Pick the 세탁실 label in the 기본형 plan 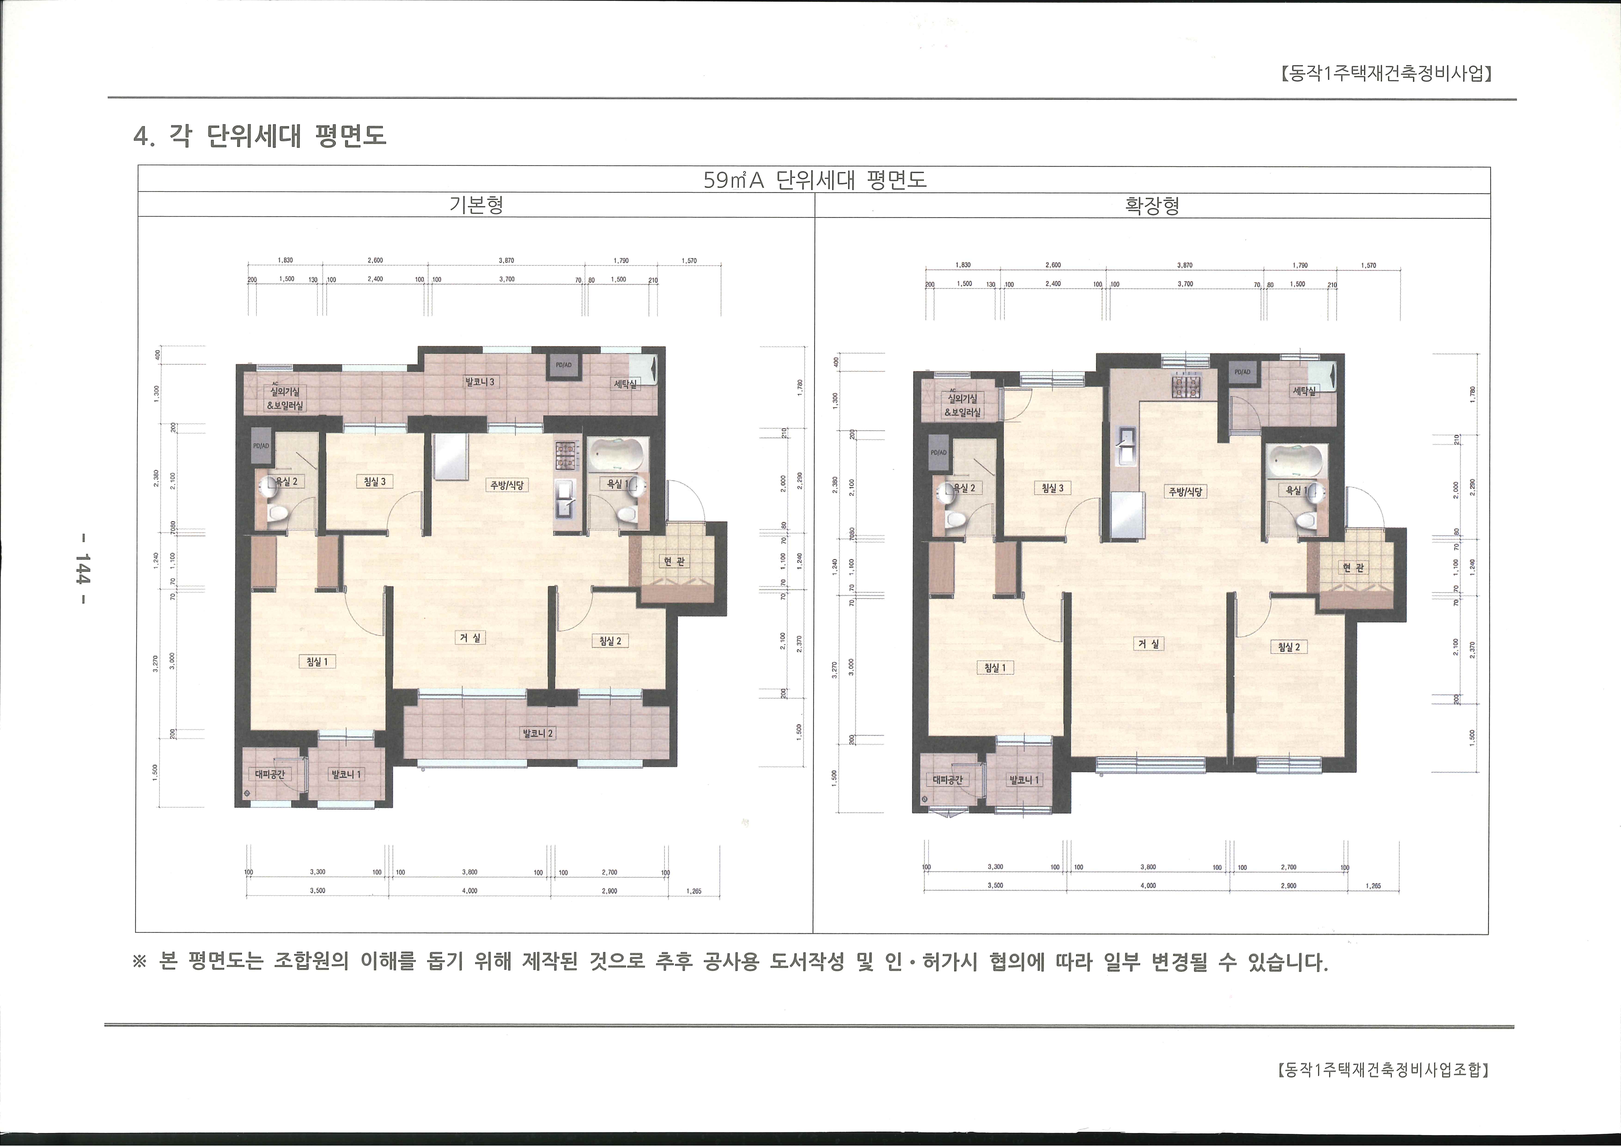[625, 384]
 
